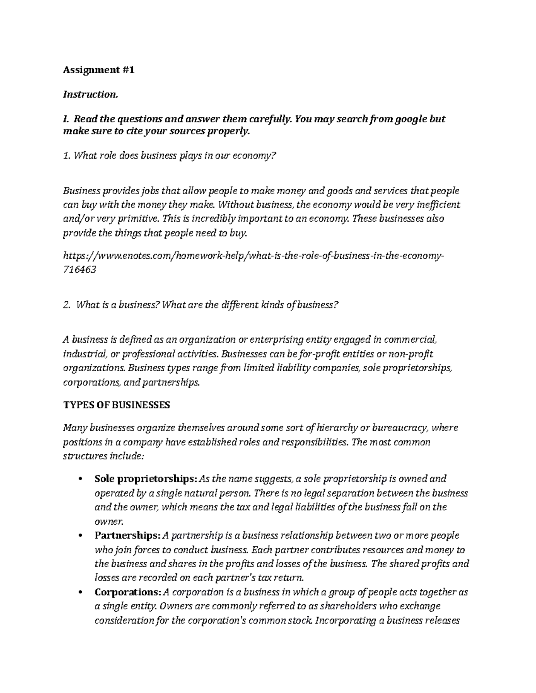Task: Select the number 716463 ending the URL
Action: point(79,270)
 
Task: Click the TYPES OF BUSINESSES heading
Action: point(117,405)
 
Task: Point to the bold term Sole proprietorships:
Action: point(145,479)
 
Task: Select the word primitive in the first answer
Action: point(138,219)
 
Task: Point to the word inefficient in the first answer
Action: point(438,205)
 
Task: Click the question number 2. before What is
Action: point(67,305)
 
